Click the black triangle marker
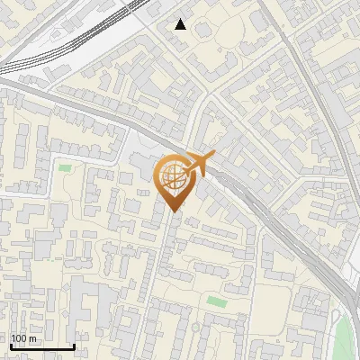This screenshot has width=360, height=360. (x=181, y=24)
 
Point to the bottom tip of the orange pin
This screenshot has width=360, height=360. (x=174, y=211)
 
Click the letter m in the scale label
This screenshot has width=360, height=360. (x=33, y=338)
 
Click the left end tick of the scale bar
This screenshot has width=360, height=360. (x=11, y=345)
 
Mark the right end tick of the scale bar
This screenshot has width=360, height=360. (x=74, y=345)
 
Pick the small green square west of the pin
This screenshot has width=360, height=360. (x=65, y=166)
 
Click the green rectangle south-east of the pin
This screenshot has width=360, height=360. (x=216, y=301)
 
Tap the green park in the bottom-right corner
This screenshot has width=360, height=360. (x=346, y=337)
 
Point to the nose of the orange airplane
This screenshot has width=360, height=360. (x=213, y=156)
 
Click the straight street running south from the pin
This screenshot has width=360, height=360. (x=159, y=270)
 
